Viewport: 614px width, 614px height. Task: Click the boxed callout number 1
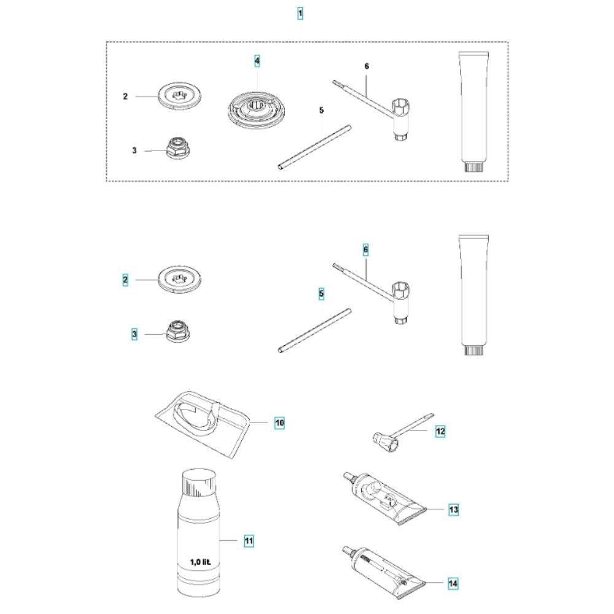point(300,14)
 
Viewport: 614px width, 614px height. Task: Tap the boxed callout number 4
point(257,61)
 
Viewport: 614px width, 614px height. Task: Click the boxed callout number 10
point(279,423)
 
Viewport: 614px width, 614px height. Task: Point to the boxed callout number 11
point(249,541)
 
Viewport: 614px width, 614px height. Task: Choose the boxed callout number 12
point(440,432)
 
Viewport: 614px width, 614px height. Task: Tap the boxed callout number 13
point(454,510)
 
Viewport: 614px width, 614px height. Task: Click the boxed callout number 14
point(453,583)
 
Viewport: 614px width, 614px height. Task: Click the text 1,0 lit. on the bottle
point(201,562)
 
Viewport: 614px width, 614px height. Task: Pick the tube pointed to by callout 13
point(384,498)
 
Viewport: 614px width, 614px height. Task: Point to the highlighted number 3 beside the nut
point(134,335)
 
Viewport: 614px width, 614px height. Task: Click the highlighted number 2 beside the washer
point(125,280)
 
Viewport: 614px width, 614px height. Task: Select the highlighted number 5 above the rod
point(322,294)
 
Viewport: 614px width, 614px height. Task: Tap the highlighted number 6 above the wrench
point(366,250)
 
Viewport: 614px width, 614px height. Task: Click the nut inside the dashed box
point(178,148)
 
